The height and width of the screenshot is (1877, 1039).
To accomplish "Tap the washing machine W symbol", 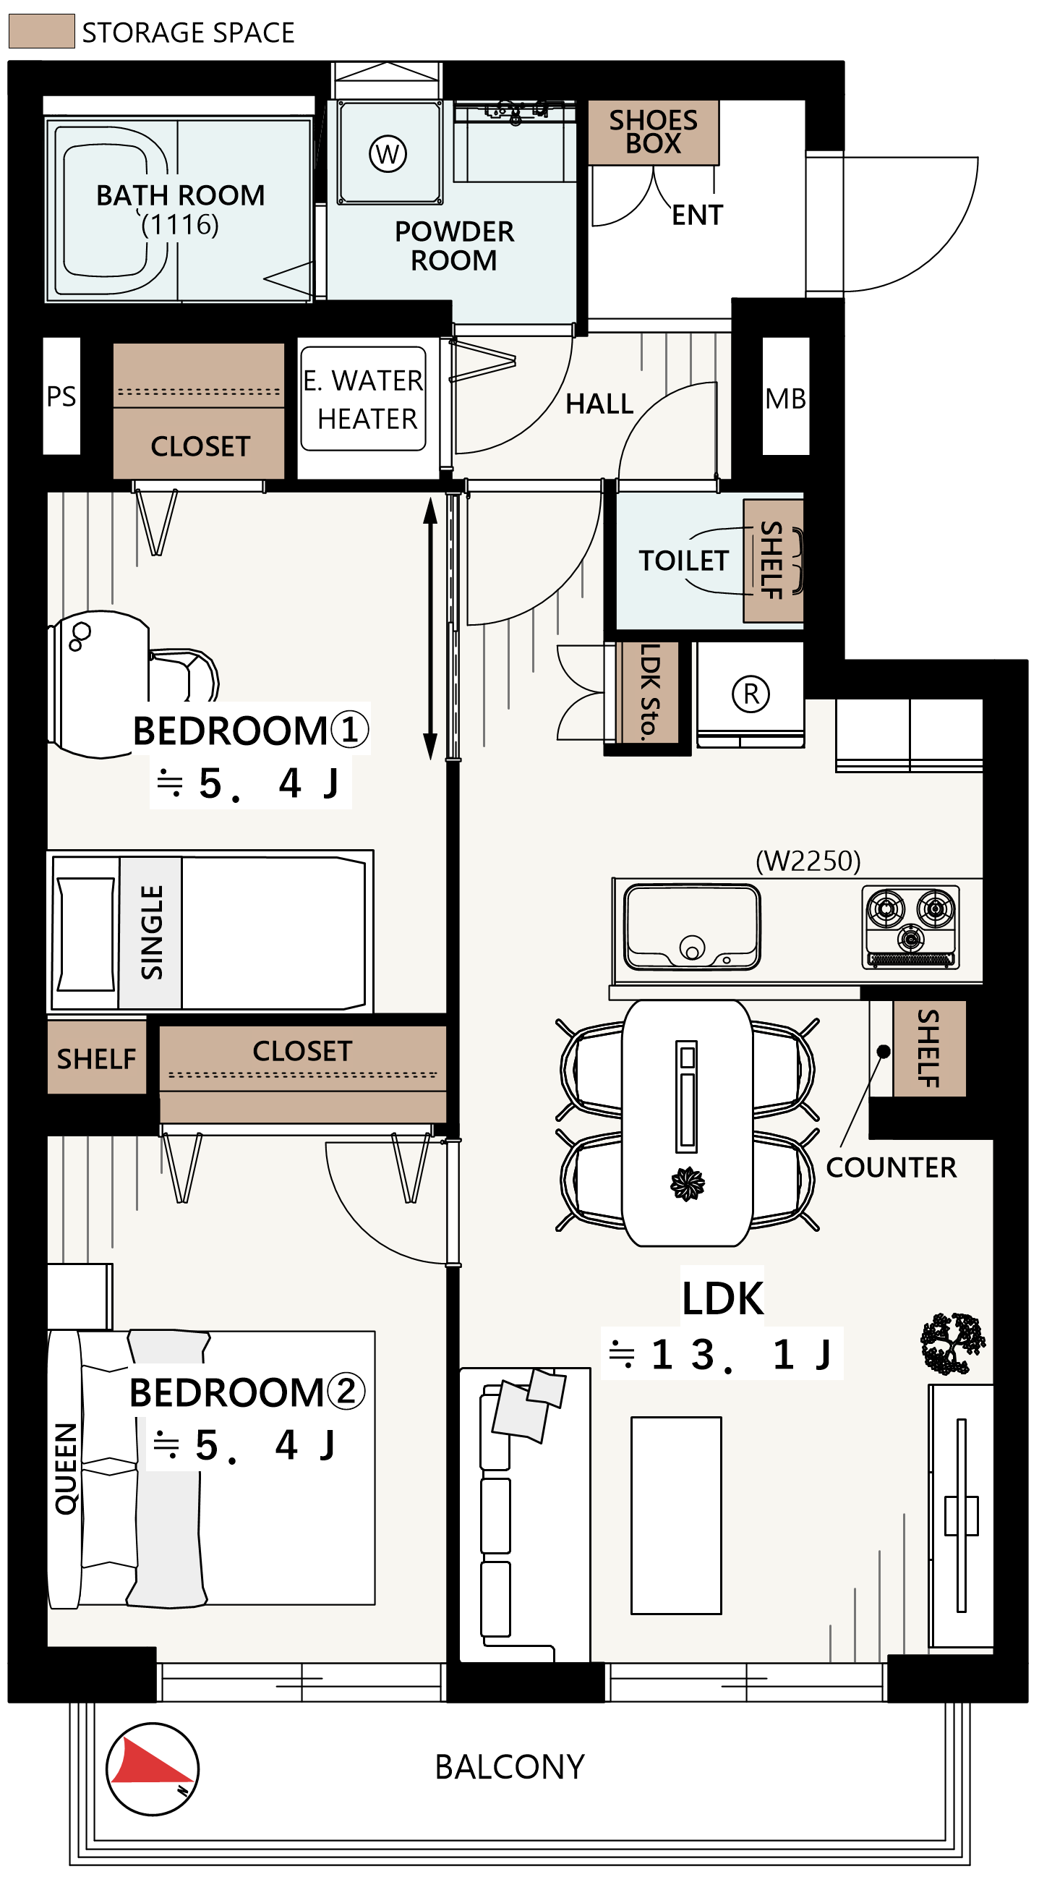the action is click(388, 154).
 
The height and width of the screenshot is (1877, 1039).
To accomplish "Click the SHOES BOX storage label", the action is click(653, 132).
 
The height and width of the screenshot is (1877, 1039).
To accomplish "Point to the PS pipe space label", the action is click(61, 396).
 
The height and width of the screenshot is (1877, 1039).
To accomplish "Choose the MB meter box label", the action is click(785, 399).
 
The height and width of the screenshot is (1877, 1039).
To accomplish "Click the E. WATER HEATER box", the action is click(364, 399).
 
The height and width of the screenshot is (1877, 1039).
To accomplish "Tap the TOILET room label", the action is click(683, 561).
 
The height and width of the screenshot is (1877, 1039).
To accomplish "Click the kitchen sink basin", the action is click(691, 927).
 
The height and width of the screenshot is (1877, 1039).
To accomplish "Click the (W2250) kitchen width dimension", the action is click(808, 861).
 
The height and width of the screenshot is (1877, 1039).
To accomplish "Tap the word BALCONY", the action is click(510, 1767).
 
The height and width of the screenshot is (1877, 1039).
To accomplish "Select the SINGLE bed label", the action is click(152, 932).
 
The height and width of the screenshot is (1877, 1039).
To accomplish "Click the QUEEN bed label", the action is click(66, 1469).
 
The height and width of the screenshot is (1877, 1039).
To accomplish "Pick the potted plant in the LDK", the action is click(952, 1343).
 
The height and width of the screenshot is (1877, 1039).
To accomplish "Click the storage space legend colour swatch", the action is click(41, 31).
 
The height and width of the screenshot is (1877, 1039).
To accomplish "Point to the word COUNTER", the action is click(891, 1167).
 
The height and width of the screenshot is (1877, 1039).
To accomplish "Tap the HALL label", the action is click(599, 404).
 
